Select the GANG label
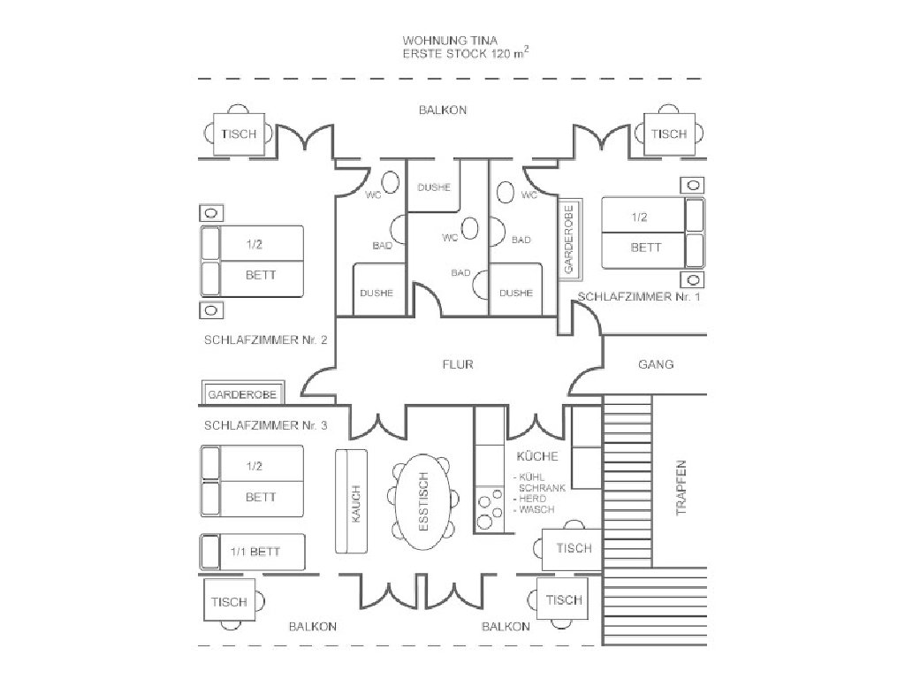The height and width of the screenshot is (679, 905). (656, 364)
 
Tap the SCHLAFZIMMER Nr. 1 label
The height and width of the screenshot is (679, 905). (639, 297)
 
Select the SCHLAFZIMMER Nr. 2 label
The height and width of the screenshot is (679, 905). (266, 340)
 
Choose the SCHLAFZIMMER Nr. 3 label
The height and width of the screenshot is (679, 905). (266, 425)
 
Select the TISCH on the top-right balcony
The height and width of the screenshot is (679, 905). (669, 134)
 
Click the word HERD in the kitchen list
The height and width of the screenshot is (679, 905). (532, 500)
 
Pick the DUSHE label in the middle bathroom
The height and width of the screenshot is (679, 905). (433, 187)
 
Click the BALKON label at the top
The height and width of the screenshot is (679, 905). (442, 111)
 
